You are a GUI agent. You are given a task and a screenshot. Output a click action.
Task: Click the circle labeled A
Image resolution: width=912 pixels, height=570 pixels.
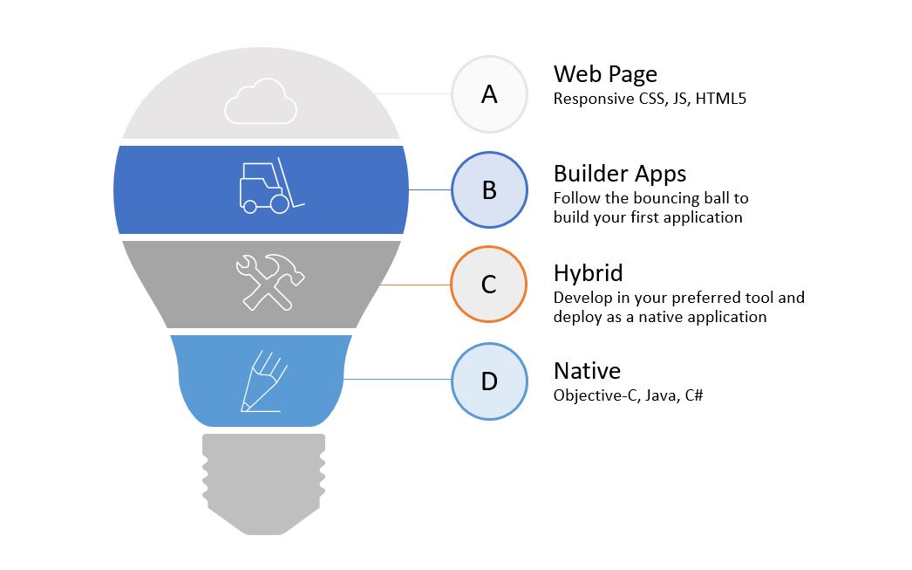click(489, 94)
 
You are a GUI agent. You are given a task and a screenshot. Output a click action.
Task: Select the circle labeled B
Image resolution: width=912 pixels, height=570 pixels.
click(489, 189)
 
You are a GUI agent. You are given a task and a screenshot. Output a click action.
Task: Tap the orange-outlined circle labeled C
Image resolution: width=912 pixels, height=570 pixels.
click(489, 285)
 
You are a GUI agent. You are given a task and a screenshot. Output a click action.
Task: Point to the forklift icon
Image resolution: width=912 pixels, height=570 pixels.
click(271, 186)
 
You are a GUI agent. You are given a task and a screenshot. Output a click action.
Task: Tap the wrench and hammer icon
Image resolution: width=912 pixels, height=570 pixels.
click(269, 281)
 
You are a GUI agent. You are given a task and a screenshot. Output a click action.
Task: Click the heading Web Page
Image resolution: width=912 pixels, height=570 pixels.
click(605, 73)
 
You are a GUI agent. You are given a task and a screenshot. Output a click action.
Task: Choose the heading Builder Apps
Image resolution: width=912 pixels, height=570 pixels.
click(620, 173)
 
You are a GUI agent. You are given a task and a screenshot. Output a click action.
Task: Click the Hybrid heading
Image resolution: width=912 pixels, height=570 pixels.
click(588, 272)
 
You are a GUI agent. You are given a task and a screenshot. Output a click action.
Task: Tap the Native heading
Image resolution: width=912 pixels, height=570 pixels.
click(587, 371)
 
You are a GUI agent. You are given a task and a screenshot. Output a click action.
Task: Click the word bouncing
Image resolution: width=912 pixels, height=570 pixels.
click(648, 198)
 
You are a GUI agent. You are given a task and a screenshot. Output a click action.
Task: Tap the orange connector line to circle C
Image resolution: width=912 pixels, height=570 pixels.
click(414, 285)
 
